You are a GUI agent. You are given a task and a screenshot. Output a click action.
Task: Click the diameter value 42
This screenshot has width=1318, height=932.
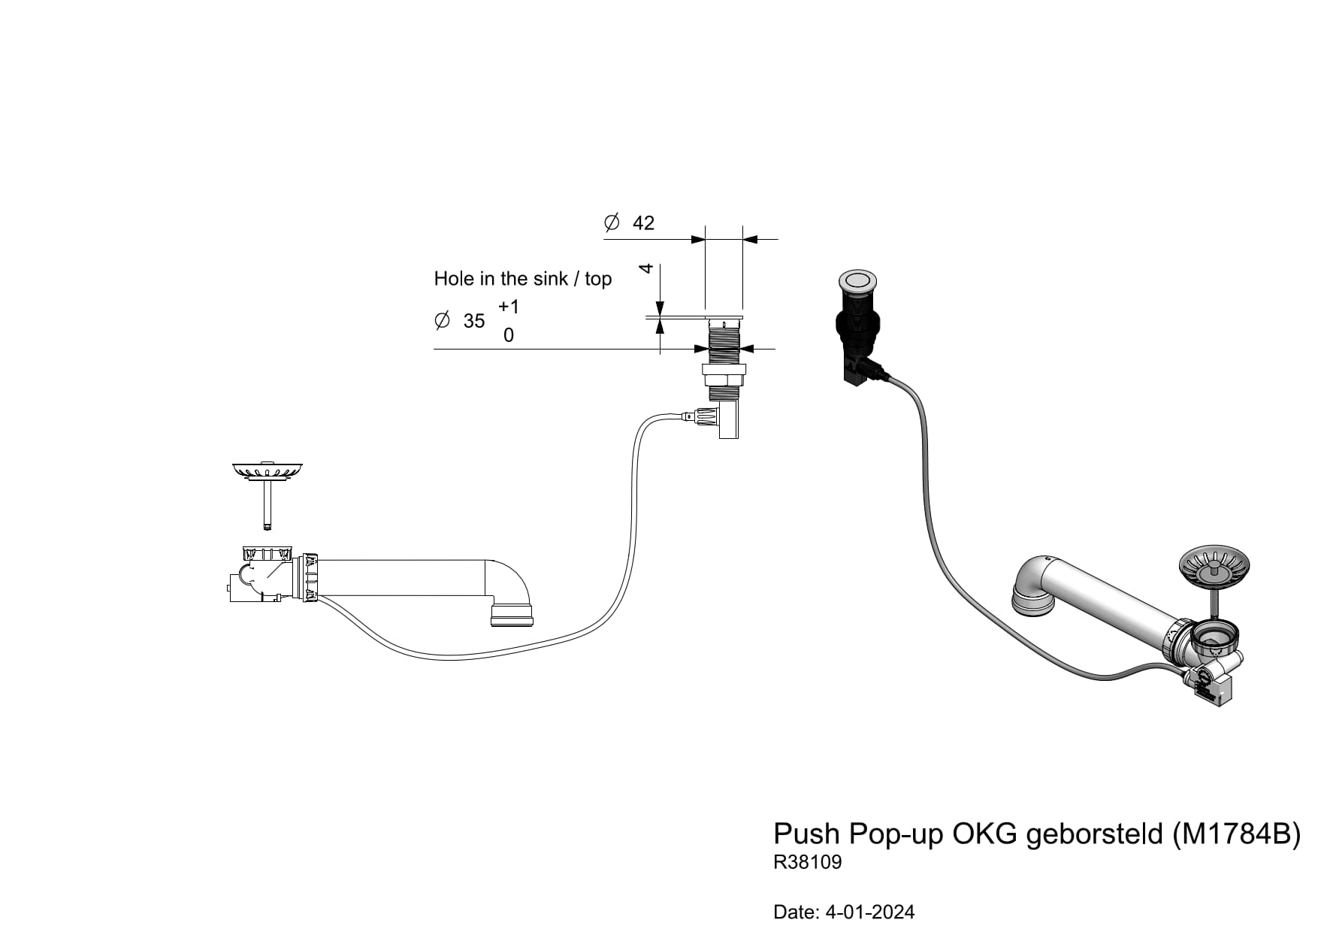(x=643, y=223)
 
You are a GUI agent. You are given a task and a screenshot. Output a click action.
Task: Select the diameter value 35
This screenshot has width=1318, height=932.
(x=474, y=321)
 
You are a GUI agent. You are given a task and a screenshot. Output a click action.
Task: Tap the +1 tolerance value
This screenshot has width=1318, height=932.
(x=509, y=307)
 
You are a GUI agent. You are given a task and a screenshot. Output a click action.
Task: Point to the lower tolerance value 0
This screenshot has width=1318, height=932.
(x=509, y=335)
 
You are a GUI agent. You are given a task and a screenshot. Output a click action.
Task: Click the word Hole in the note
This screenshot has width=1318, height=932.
(x=454, y=279)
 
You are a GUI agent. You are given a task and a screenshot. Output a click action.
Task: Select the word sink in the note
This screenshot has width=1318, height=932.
(x=550, y=279)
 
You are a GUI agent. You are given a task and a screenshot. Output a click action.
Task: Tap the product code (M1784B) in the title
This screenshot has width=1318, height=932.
(x=1236, y=834)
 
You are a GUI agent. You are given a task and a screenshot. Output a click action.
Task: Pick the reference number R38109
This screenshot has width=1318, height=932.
(x=808, y=862)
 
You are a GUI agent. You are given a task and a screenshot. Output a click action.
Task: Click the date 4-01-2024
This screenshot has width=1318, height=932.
(x=870, y=912)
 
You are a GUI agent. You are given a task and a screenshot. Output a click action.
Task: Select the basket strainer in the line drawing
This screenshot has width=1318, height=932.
(x=267, y=472)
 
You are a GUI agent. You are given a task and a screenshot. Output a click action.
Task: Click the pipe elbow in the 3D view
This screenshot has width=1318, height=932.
(x=1032, y=582)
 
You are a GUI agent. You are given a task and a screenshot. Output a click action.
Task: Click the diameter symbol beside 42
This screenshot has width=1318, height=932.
(x=612, y=222)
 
